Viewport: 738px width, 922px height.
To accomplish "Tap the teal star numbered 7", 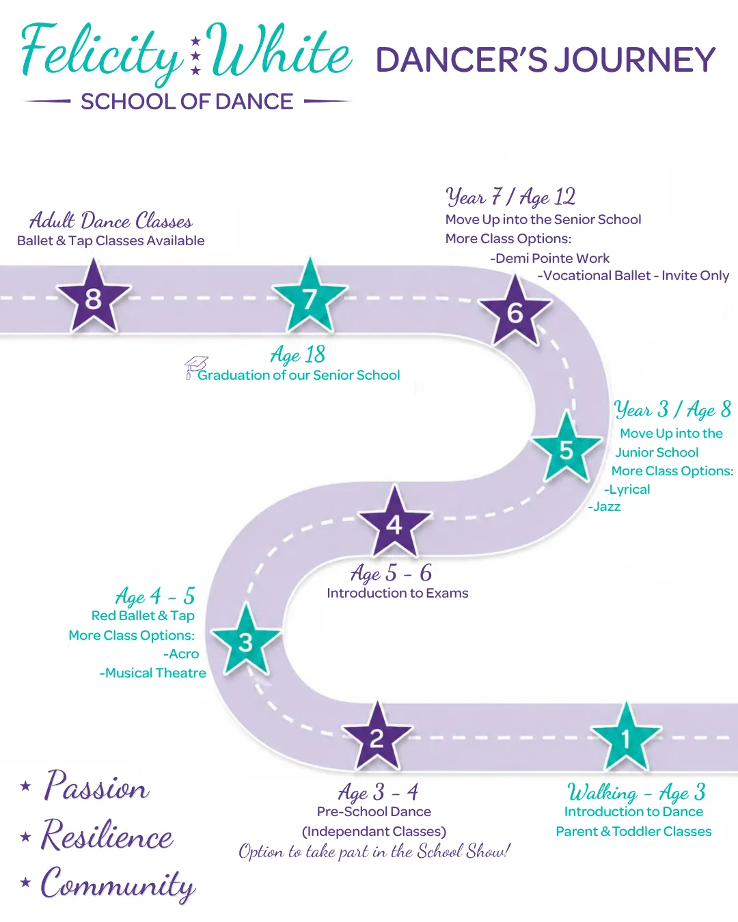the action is pos(310,297).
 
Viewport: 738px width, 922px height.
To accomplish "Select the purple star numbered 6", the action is pos(515,312).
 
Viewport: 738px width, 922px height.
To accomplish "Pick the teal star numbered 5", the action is pos(566,449).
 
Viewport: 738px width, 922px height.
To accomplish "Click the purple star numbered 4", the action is pos(394,522).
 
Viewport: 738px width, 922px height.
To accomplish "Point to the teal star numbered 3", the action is pos(246,641).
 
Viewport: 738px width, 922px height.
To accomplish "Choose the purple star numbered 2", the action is pos(377,737).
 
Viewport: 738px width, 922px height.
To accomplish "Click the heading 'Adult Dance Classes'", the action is pos(111,221).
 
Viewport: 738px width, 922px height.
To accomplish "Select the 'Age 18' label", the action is pos(298,354).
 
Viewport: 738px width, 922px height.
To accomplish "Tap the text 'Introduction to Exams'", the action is pos(398,593).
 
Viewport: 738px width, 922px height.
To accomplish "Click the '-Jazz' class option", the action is pos(604,507).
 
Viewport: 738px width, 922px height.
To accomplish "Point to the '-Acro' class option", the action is pos(181,654).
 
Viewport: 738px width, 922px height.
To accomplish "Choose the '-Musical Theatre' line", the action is pos(152,673).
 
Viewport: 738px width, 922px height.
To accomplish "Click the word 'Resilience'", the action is pos(107,835).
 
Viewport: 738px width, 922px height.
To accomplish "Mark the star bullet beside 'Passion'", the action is pos(25,785).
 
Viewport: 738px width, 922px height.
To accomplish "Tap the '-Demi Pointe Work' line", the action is pos(550,258).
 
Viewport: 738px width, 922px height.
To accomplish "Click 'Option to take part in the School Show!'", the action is pos(374,850).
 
